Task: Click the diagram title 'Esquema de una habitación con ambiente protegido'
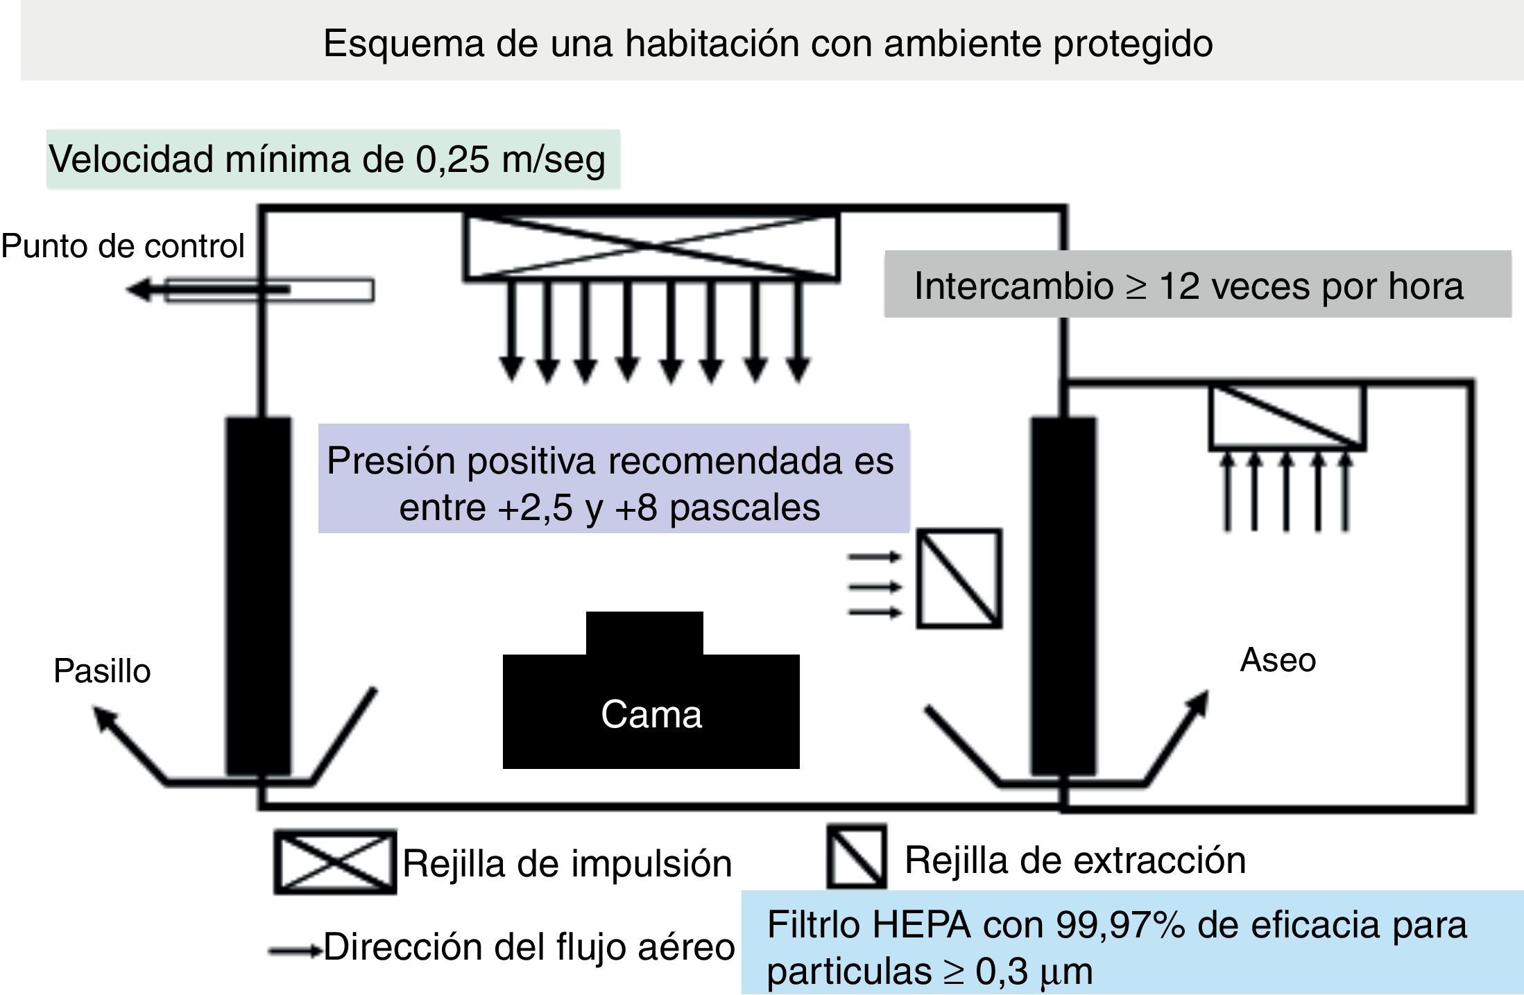pos(767,43)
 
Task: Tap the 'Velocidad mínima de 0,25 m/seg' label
pos(327,159)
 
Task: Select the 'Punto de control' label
pos(123,245)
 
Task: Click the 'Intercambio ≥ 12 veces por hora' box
pos(1188,285)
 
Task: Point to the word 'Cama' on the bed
pos(651,714)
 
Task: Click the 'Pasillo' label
pos(102,670)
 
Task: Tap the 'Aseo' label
pos(1277,659)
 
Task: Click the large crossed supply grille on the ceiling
pos(651,246)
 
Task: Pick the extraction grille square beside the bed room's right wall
pos(959,578)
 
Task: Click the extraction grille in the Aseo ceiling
pos(1287,417)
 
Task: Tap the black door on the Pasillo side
pos(258,596)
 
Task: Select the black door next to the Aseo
pos(1062,596)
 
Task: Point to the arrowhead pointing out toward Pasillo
pos(104,718)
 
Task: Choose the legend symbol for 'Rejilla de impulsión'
pos(335,862)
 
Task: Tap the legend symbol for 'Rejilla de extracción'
pos(856,856)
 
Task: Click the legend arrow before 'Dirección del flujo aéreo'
pos(295,950)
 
